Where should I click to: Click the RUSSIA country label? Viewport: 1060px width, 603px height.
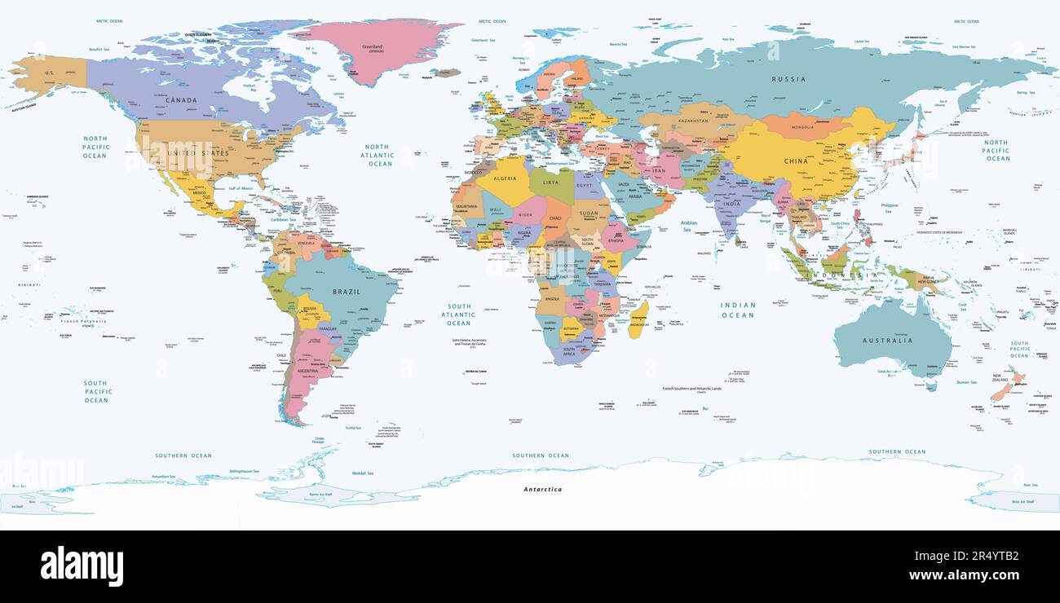pos(788,79)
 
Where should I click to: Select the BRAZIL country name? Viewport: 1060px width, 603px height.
pos(347,291)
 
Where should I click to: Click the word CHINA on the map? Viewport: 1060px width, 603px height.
pos(796,161)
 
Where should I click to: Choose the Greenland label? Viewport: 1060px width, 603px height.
pos(372,47)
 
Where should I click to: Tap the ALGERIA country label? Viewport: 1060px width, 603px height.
pos(505,178)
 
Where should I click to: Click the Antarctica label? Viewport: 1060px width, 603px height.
pos(542,490)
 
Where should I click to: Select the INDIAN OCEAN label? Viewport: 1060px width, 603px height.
pos(737,310)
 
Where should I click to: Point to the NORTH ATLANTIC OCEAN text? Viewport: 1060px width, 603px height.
pos(380,155)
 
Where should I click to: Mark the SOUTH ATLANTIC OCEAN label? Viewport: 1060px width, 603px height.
pos(458,315)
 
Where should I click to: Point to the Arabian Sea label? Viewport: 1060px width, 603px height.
pos(688,226)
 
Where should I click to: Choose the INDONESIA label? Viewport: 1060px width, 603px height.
pos(850,275)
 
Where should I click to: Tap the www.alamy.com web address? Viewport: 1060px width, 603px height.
pos(964,575)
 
